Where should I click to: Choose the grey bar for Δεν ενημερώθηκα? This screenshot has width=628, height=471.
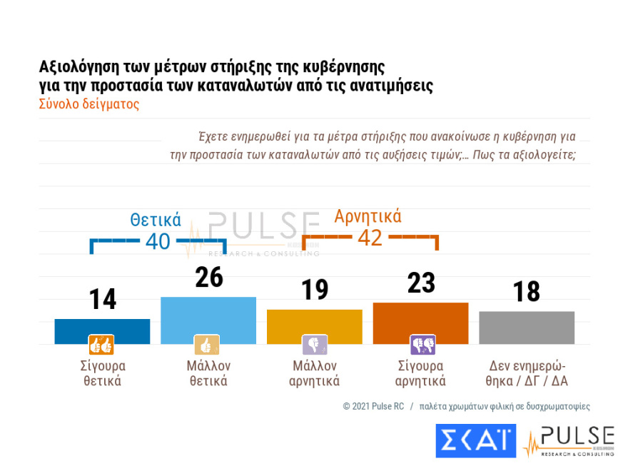(x=527, y=327)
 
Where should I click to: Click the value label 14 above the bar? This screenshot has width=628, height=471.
(x=103, y=300)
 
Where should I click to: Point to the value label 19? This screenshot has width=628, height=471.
(x=314, y=290)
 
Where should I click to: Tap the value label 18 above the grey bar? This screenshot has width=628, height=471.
(x=527, y=292)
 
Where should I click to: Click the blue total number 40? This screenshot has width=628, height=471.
(x=158, y=242)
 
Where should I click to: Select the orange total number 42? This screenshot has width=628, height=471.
(x=370, y=238)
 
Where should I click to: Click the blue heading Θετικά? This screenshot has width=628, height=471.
(x=155, y=220)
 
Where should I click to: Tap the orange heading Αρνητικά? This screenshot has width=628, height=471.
(x=368, y=216)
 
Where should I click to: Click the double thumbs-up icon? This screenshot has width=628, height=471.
(x=101, y=345)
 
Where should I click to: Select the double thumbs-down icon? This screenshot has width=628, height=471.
(x=422, y=345)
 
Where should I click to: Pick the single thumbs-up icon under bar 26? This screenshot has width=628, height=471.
(x=207, y=345)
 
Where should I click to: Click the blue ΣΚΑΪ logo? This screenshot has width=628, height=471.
(x=475, y=440)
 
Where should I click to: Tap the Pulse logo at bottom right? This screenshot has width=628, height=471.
(x=569, y=441)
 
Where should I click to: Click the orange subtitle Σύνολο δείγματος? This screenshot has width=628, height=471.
(x=88, y=103)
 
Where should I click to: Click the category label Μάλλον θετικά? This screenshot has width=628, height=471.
(x=208, y=373)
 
